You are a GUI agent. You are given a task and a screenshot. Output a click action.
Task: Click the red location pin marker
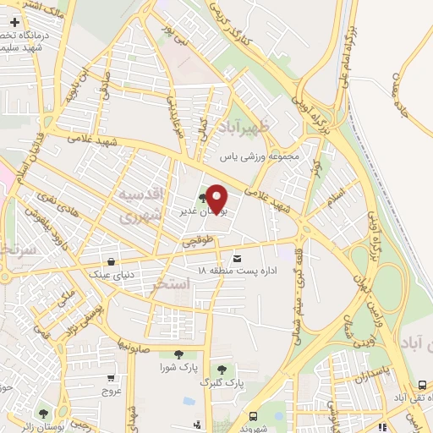tap(216, 199)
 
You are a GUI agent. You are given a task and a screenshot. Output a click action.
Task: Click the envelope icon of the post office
tap(236, 258)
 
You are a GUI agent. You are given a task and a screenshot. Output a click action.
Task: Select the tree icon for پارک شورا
tap(177, 355)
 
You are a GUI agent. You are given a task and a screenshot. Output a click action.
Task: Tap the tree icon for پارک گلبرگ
tap(222, 370)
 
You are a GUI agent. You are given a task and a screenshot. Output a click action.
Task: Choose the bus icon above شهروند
tap(253, 416)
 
